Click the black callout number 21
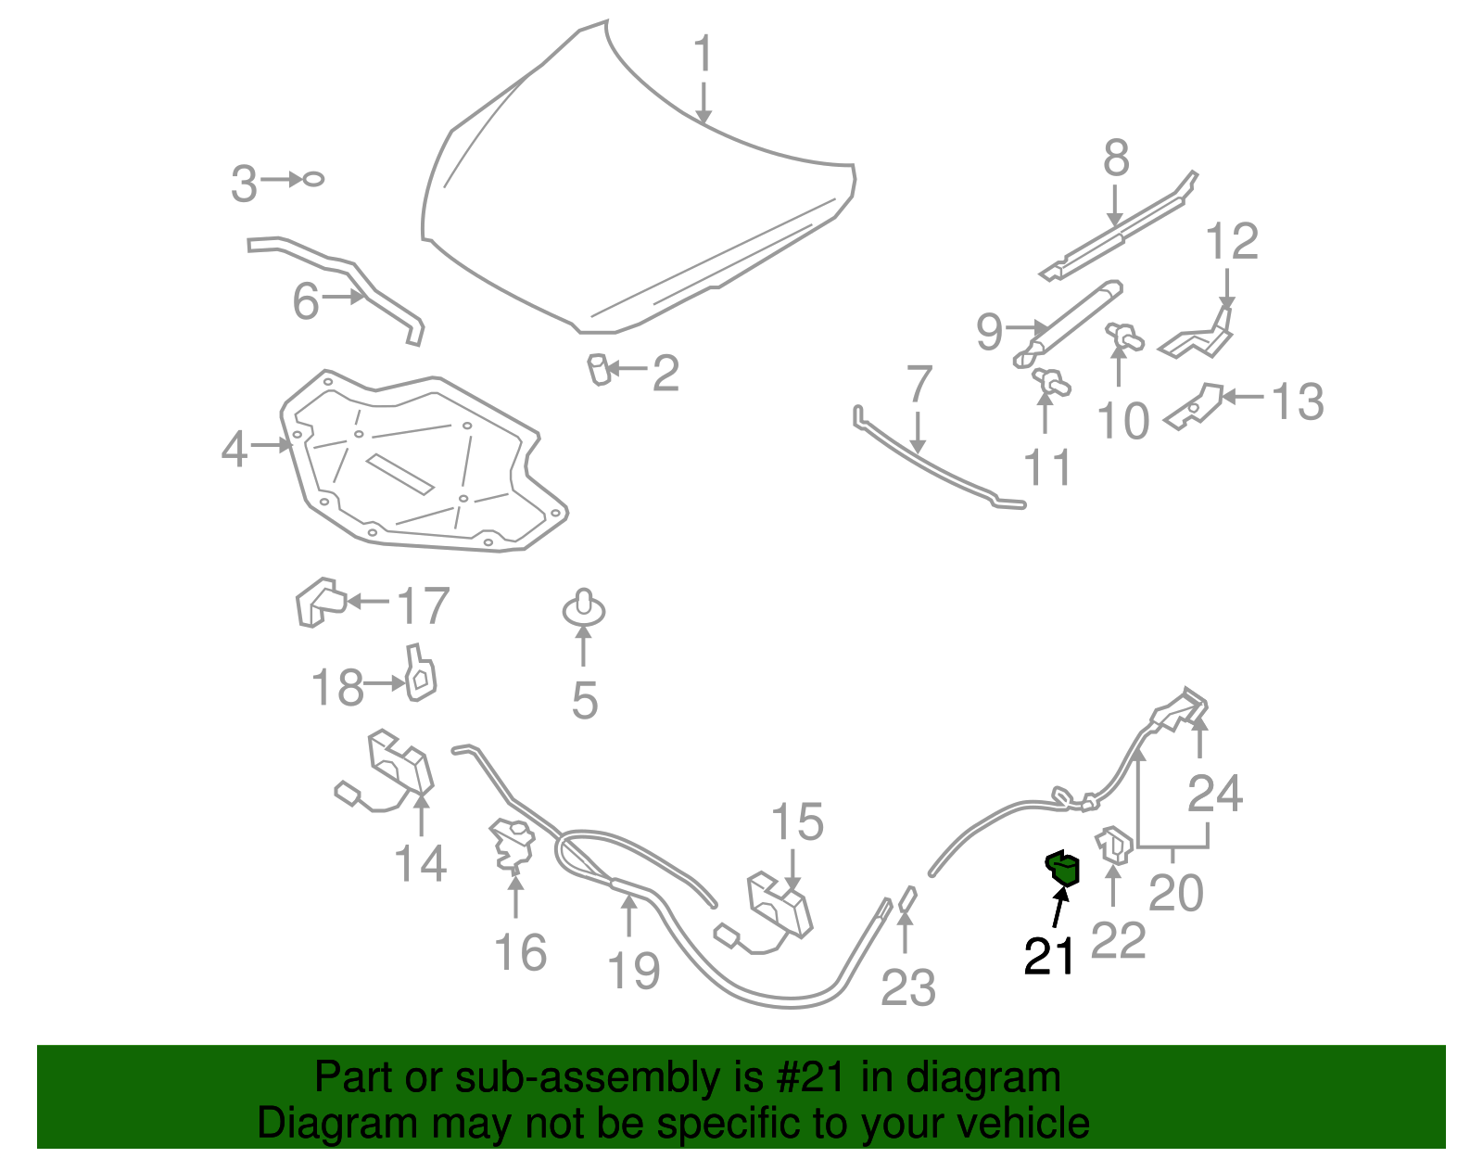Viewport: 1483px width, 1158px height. (1049, 956)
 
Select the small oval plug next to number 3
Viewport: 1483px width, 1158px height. (313, 179)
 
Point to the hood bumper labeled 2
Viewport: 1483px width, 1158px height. (599, 369)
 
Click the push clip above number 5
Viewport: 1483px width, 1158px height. (584, 608)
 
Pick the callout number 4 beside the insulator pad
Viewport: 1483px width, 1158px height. (234, 449)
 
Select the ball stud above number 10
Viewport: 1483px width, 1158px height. (1124, 337)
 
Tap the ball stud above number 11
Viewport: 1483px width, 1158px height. (1051, 380)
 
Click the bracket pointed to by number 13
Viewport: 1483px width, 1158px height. (1195, 406)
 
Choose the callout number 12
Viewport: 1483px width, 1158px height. (1232, 242)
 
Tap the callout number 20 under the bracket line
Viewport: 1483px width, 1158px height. (1175, 893)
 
